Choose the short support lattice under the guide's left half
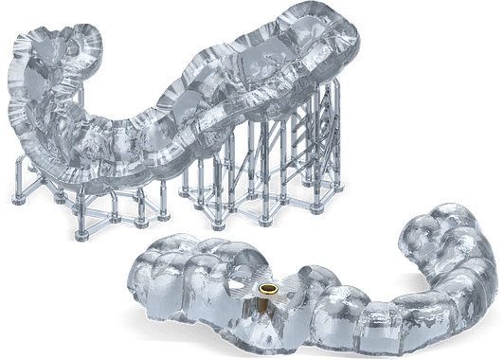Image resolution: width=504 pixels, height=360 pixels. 95,194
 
